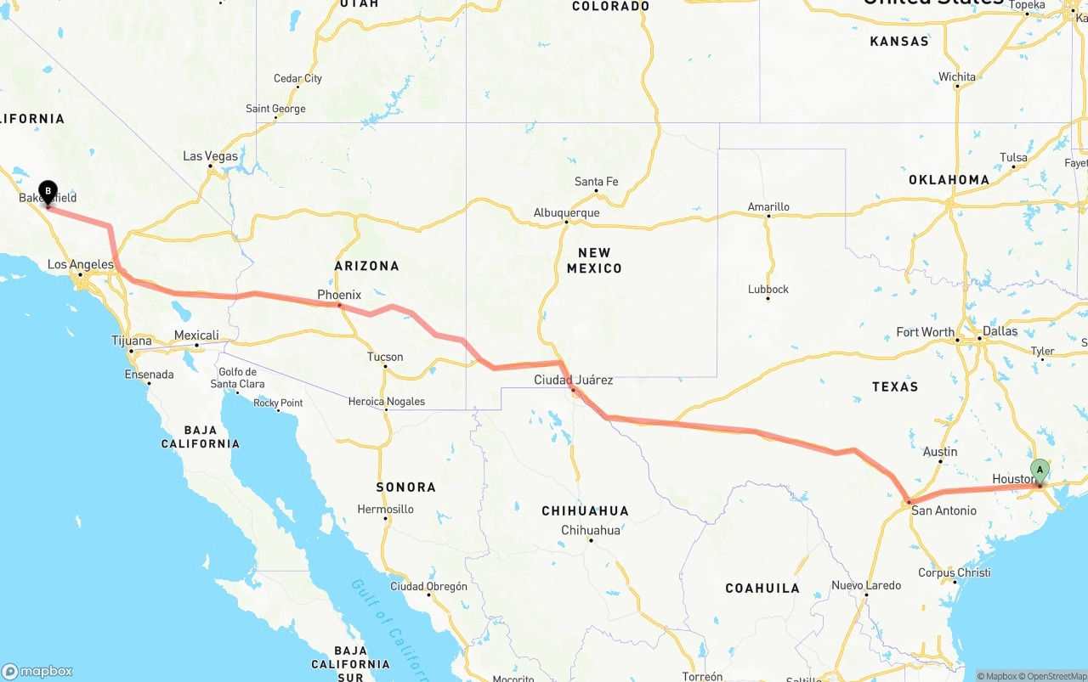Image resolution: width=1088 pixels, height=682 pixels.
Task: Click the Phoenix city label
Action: [x=339, y=295]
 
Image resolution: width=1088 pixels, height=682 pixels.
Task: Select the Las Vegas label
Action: [x=211, y=156]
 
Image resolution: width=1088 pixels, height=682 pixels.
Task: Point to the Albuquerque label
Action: [x=566, y=213]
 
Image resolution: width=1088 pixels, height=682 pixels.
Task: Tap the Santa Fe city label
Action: [x=596, y=182]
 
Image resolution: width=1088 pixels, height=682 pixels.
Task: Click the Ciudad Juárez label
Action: [x=573, y=380]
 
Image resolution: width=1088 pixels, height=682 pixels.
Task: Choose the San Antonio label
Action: [x=943, y=510]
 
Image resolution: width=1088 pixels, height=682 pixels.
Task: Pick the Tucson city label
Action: [x=385, y=357]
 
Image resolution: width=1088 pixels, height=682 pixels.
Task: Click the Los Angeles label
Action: [x=80, y=264]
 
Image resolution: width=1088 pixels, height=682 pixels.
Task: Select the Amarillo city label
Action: [x=768, y=206]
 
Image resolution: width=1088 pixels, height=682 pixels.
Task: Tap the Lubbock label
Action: [x=768, y=289]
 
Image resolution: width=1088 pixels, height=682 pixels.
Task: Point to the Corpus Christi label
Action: [x=954, y=572]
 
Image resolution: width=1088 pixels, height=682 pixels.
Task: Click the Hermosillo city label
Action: [x=385, y=510]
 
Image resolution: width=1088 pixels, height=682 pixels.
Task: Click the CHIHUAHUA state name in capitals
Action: [x=585, y=510]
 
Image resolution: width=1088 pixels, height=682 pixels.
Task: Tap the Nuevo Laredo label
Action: [x=866, y=585]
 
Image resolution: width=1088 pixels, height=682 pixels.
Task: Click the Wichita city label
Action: [x=957, y=76]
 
